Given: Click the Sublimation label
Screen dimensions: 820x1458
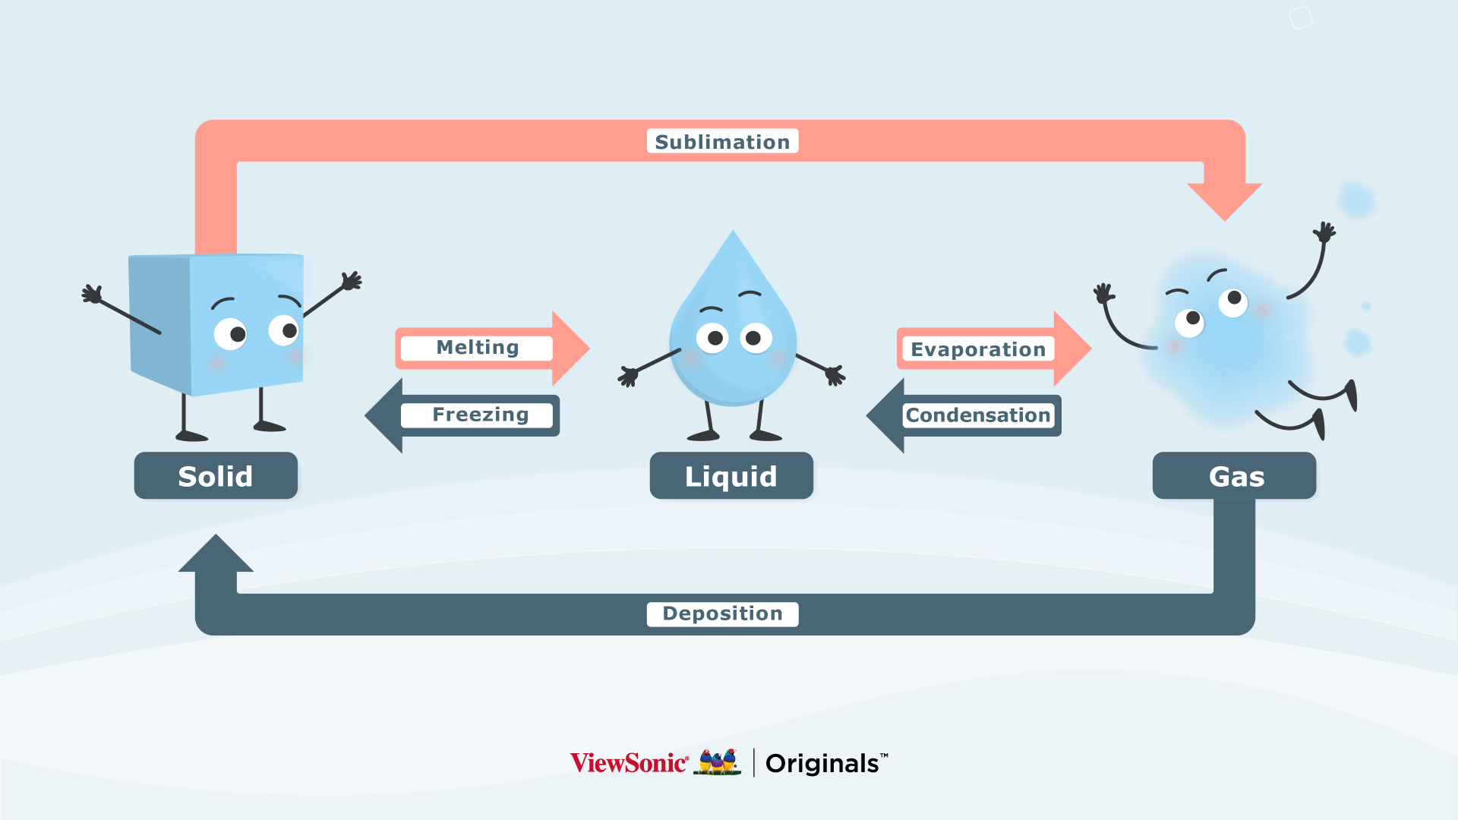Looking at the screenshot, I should [x=722, y=141].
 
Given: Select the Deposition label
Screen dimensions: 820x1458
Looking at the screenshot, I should [x=722, y=613].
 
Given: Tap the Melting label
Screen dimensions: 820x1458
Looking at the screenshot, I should [x=477, y=348].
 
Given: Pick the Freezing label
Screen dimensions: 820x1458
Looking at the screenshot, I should [x=480, y=415].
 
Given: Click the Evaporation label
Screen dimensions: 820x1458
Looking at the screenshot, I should [x=978, y=349].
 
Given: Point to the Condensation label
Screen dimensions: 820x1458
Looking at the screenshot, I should [x=978, y=415].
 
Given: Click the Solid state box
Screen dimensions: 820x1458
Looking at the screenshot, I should [x=216, y=476].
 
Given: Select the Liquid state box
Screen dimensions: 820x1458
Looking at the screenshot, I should [x=731, y=476].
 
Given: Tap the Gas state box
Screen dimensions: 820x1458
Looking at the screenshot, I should [x=1235, y=476].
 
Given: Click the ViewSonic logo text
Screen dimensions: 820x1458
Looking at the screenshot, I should [x=629, y=763].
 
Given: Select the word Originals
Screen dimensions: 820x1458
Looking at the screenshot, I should [x=822, y=763].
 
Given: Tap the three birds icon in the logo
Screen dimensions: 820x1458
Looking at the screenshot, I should [x=718, y=762].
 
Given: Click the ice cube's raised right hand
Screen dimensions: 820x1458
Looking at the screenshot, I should [x=352, y=281].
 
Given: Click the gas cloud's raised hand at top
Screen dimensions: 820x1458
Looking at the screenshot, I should [x=1325, y=232].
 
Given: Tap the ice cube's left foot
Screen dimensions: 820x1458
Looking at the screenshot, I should [x=191, y=436].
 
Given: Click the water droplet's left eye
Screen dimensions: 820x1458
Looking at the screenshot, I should [x=712, y=337].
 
